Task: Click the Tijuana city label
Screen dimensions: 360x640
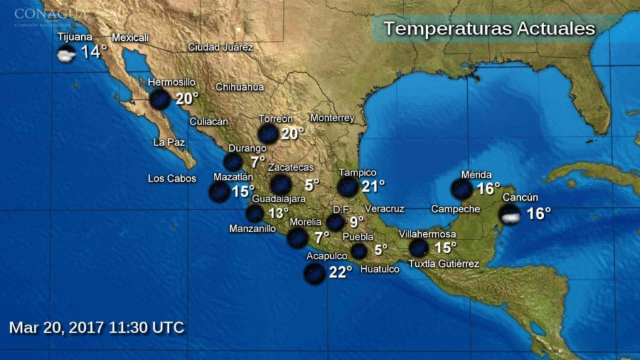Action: [75, 37]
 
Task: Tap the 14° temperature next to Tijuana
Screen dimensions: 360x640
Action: [95, 52]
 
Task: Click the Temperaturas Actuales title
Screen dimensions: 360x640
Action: [489, 29]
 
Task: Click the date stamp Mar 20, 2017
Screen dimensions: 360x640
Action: [97, 327]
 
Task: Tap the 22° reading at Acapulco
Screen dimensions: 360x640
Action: [340, 272]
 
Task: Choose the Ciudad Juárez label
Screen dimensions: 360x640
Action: [221, 48]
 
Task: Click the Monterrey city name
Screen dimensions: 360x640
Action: [332, 118]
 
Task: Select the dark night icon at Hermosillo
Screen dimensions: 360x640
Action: [160, 99]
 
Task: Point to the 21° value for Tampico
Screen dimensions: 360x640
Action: [372, 186]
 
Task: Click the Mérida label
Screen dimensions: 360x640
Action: [476, 175]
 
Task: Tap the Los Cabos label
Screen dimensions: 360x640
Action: [172, 179]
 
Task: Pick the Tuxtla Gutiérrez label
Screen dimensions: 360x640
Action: [443, 264]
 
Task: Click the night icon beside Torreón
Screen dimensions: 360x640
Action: [268, 134]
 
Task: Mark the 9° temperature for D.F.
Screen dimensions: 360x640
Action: [357, 222]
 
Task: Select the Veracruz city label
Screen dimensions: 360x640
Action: [385, 208]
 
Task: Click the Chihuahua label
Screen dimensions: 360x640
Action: [240, 87]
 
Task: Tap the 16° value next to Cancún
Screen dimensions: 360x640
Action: [539, 214]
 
